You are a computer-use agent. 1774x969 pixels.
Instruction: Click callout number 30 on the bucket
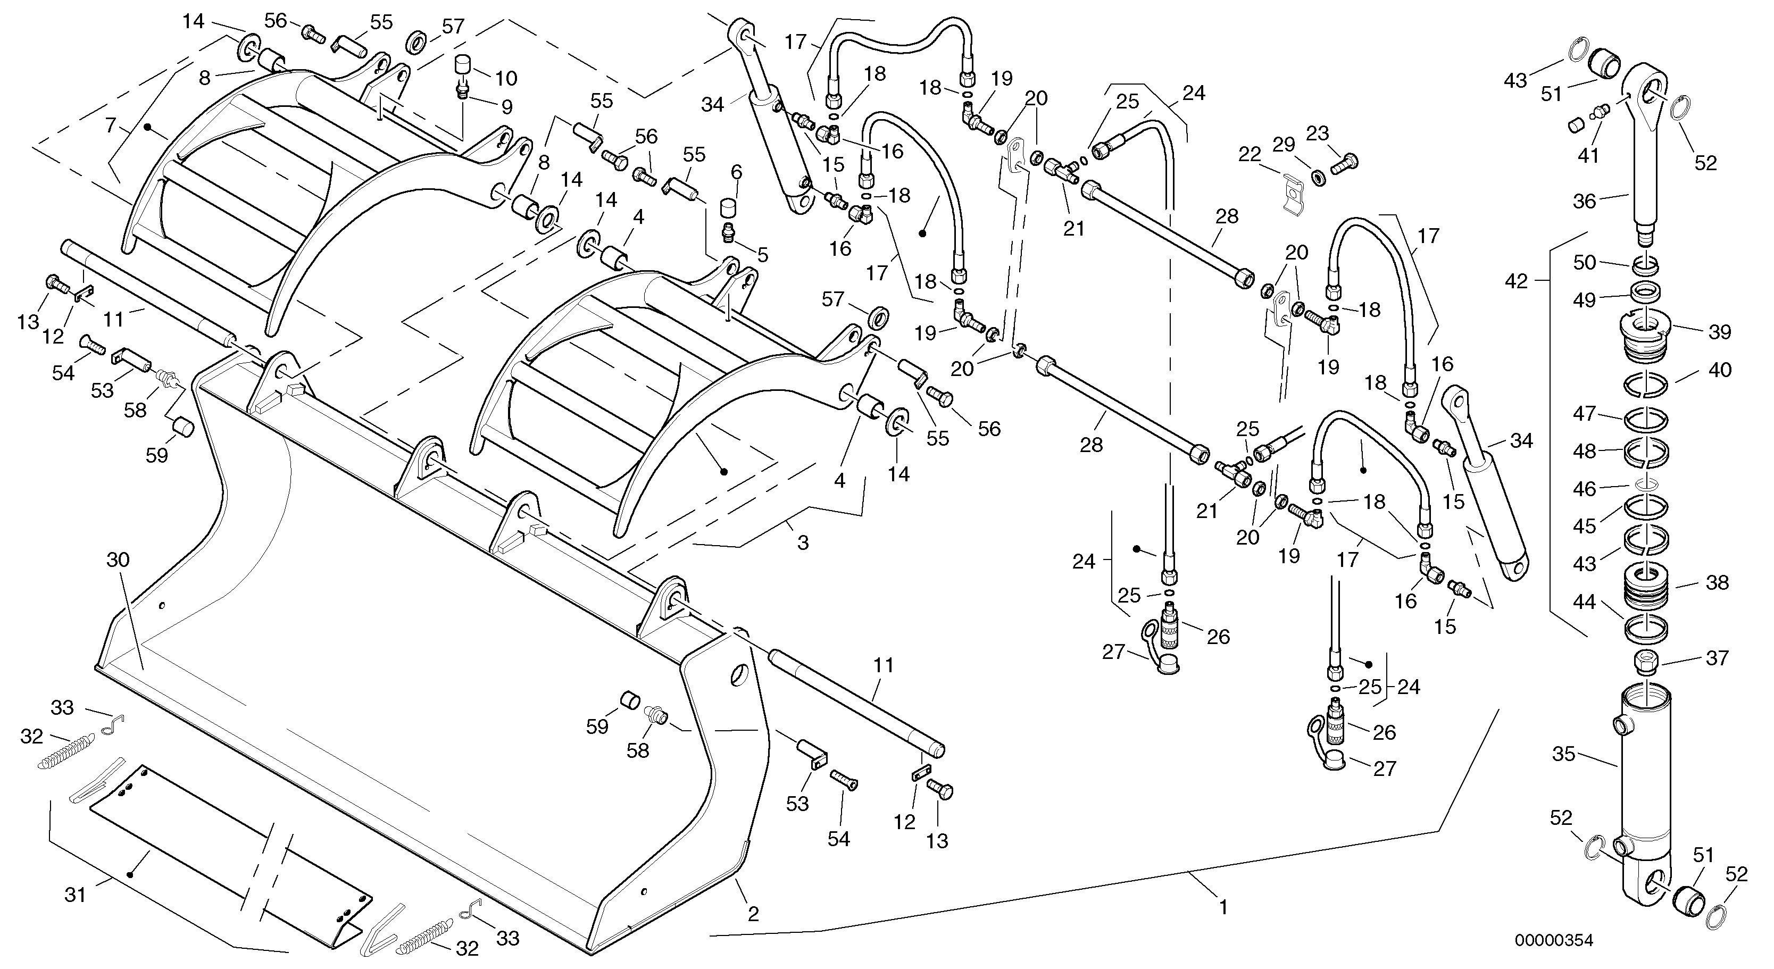(118, 560)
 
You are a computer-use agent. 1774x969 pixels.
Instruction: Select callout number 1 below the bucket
(1223, 908)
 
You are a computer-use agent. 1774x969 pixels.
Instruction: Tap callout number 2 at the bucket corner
(753, 914)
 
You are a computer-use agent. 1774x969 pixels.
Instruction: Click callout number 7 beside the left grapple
(110, 126)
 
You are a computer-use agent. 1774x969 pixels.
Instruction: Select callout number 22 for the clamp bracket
(1248, 155)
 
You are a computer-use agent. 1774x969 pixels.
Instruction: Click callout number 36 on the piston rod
(1584, 201)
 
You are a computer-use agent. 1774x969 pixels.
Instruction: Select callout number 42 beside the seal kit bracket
(1516, 281)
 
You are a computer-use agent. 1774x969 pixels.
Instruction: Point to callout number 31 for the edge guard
(75, 895)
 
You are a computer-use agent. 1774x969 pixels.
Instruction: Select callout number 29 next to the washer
(1283, 145)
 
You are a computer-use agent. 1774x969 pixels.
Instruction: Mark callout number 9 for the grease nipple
(506, 107)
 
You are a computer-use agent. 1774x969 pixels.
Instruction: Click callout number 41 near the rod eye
(1587, 156)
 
